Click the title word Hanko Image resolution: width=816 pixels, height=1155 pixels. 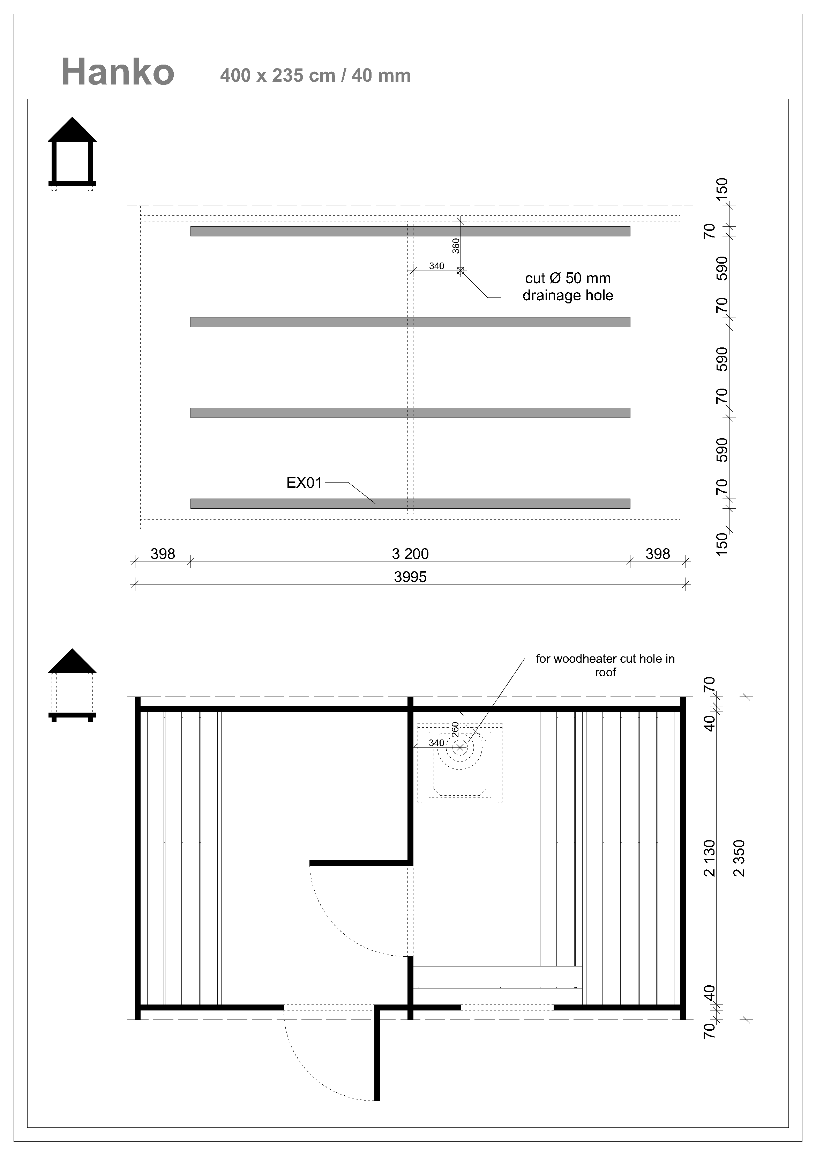click(118, 72)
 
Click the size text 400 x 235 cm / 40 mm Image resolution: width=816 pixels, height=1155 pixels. click(315, 75)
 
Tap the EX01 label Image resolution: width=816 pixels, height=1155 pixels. click(304, 483)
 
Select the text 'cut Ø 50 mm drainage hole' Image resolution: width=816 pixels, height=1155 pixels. click(568, 287)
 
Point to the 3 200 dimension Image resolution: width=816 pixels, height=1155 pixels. click(410, 554)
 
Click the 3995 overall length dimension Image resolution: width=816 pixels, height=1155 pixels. click(410, 577)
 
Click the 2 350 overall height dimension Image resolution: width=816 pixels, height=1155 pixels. click(739, 858)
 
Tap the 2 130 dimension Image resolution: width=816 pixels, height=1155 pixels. click(709, 858)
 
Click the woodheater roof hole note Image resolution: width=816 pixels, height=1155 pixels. click(605, 665)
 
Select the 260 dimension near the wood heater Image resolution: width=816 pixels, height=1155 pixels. click(455, 729)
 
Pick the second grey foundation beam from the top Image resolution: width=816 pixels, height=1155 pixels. click(410, 322)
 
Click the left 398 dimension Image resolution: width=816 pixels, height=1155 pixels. click(162, 554)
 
